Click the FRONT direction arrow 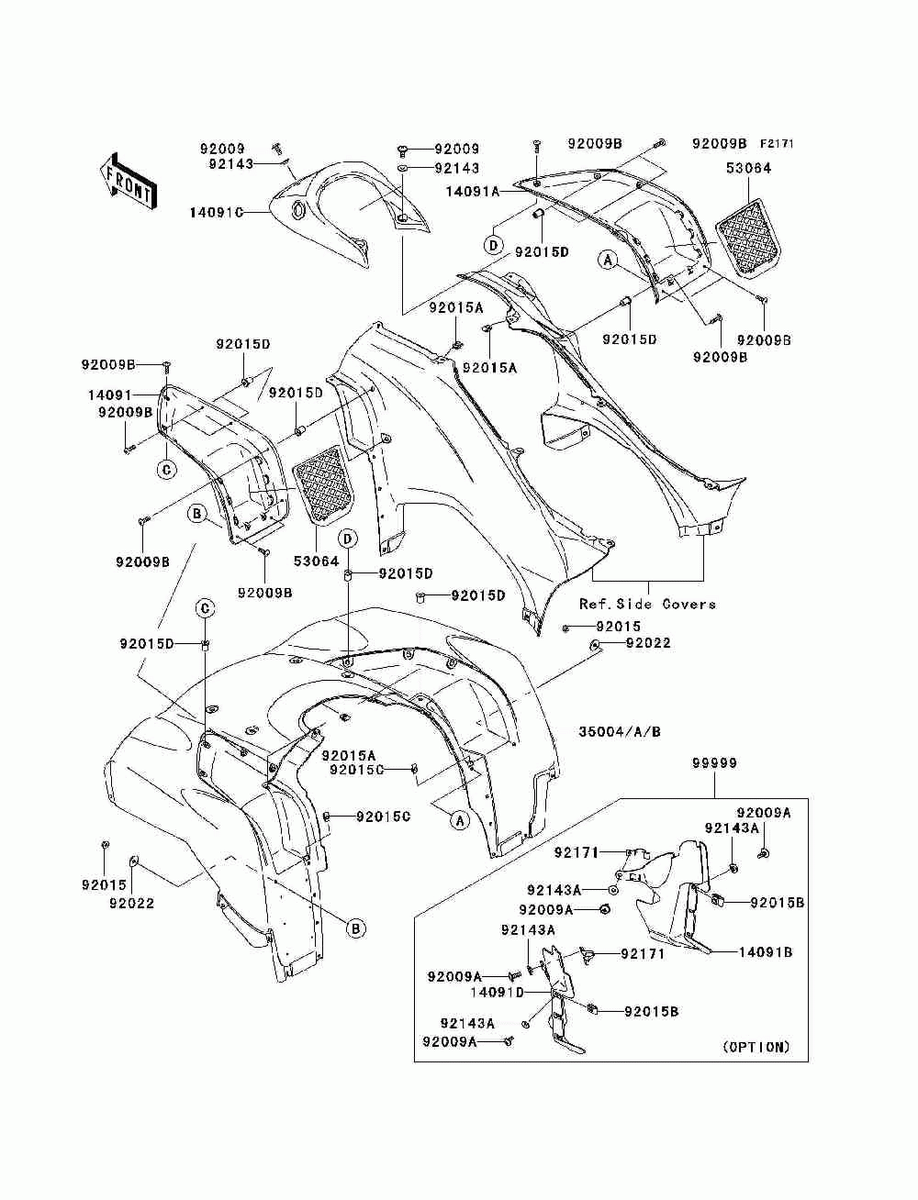click(129, 181)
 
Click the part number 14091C click(217, 212)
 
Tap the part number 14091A click(473, 191)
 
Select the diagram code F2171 click(777, 144)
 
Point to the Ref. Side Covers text click(648, 604)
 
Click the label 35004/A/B click(620, 731)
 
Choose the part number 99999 click(714, 762)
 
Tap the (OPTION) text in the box click(757, 1047)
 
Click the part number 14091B click(766, 951)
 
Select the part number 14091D click(498, 991)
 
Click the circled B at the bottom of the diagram click(356, 928)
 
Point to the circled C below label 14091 click(167, 469)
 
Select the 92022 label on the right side click(648, 643)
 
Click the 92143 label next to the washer click(457, 168)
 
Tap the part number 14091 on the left click(110, 394)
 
